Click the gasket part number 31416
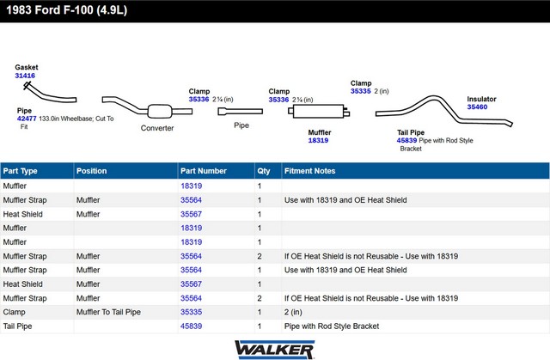(x=25, y=76)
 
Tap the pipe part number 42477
(x=27, y=119)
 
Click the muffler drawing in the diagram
(x=319, y=112)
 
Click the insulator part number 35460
(x=477, y=107)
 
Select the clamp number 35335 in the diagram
(x=361, y=91)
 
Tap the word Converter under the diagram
(x=157, y=128)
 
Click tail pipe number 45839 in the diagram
(x=406, y=141)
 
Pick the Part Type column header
(x=20, y=171)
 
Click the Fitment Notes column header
(x=309, y=171)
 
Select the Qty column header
(x=264, y=171)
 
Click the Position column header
(x=92, y=171)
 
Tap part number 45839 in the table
(x=191, y=326)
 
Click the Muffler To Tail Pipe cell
(x=108, y=312)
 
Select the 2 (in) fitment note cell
(x=293, y=312)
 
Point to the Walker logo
(x=275, y=350)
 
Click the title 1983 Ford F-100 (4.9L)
(x=67, y=10)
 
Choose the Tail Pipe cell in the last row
(x=17, y=326)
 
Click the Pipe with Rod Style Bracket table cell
(x=332, y=326)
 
